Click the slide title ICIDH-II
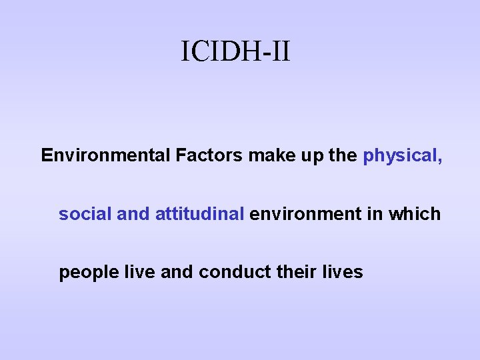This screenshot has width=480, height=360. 235,51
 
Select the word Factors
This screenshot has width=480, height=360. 209,156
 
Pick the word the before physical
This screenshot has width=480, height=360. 343,156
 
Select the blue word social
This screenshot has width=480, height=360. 85,214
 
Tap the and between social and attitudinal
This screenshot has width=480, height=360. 133,214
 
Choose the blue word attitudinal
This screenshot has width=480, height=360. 199,214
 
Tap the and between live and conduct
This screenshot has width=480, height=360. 174,272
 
